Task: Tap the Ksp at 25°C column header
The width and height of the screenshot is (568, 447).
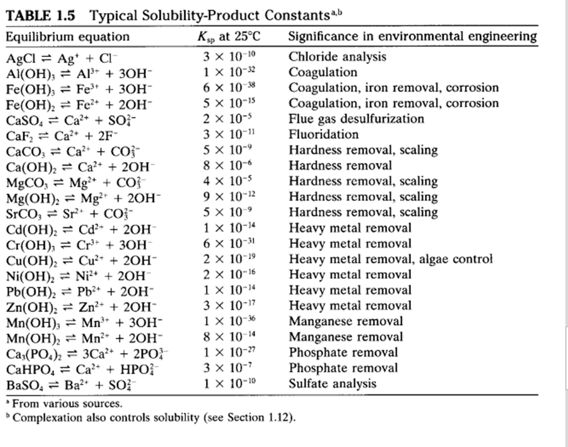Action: tap(229, 37)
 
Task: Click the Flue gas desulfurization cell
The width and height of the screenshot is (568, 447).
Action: tap(356, 119)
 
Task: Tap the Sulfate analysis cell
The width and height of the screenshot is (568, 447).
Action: tap(332, 383)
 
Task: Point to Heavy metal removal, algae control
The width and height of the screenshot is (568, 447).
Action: tap(390, 259)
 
